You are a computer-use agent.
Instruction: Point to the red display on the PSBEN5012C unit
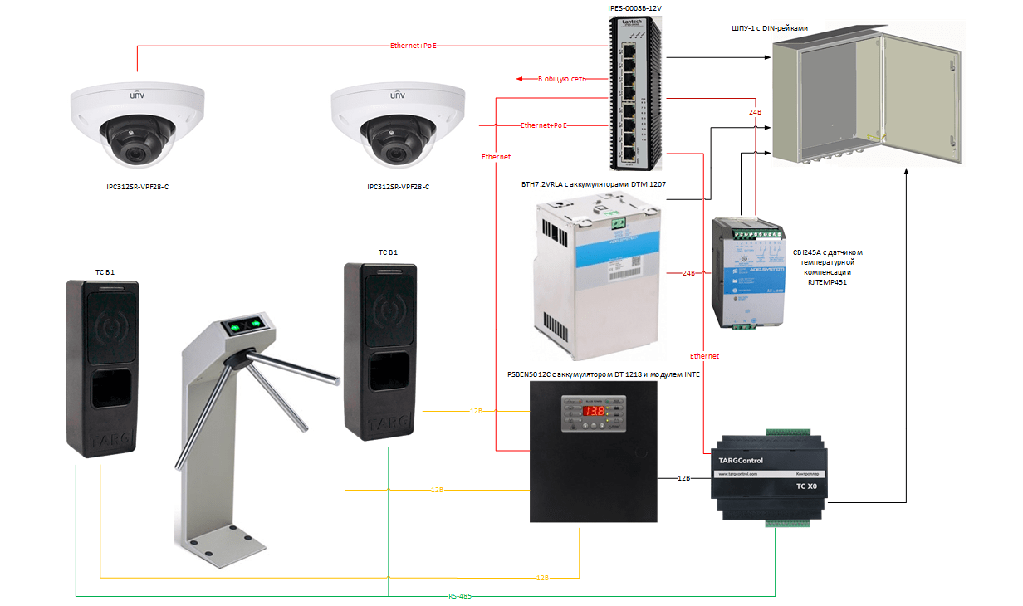pos(591,411)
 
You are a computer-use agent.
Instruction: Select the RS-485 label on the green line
pos(461,596)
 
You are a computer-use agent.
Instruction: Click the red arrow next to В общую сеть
pos(524,79)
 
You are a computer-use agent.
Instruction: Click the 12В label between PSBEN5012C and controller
pos(683,478)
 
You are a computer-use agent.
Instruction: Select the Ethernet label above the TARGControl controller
pos(704,355)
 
